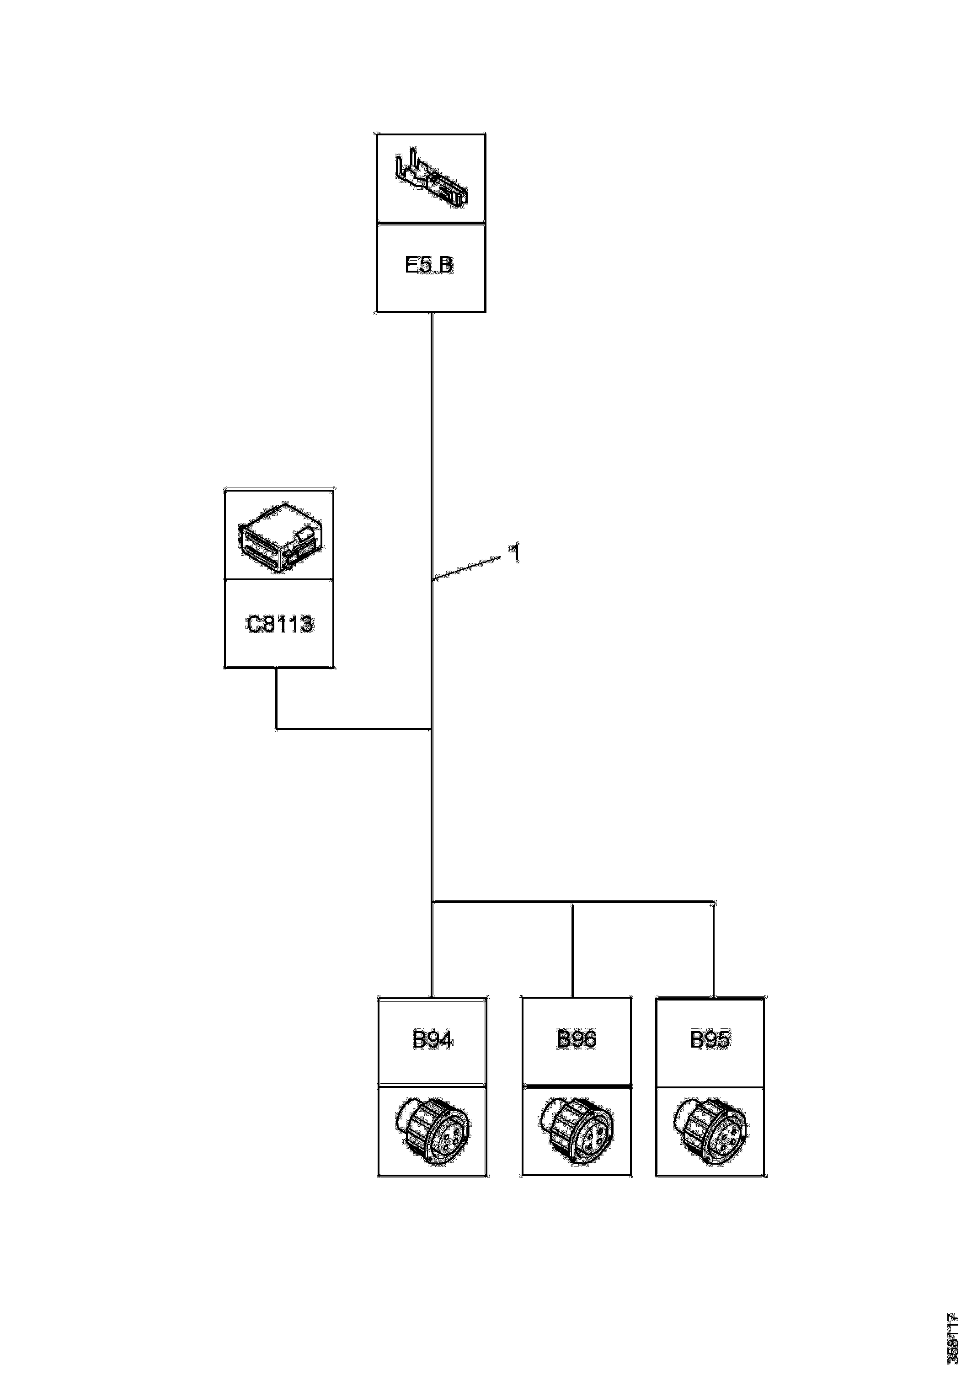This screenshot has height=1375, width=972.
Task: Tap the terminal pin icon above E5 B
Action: [431, 180]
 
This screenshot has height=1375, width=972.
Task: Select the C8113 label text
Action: [279, 625]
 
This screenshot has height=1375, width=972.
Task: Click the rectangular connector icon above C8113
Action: [279, 535]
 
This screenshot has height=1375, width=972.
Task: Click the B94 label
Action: [433, 1040]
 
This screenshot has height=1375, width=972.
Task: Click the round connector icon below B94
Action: [433, 1132]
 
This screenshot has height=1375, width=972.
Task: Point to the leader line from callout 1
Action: [467, 568]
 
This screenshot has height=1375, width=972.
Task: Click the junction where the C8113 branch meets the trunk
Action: [432, 729]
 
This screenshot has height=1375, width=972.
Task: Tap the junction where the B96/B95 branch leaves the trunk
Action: [432, 918]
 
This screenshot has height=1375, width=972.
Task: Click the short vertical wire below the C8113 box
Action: [276, 698]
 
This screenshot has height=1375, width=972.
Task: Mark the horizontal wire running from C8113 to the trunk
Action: [353, 729]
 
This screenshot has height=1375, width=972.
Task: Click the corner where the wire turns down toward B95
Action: [713, 919]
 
